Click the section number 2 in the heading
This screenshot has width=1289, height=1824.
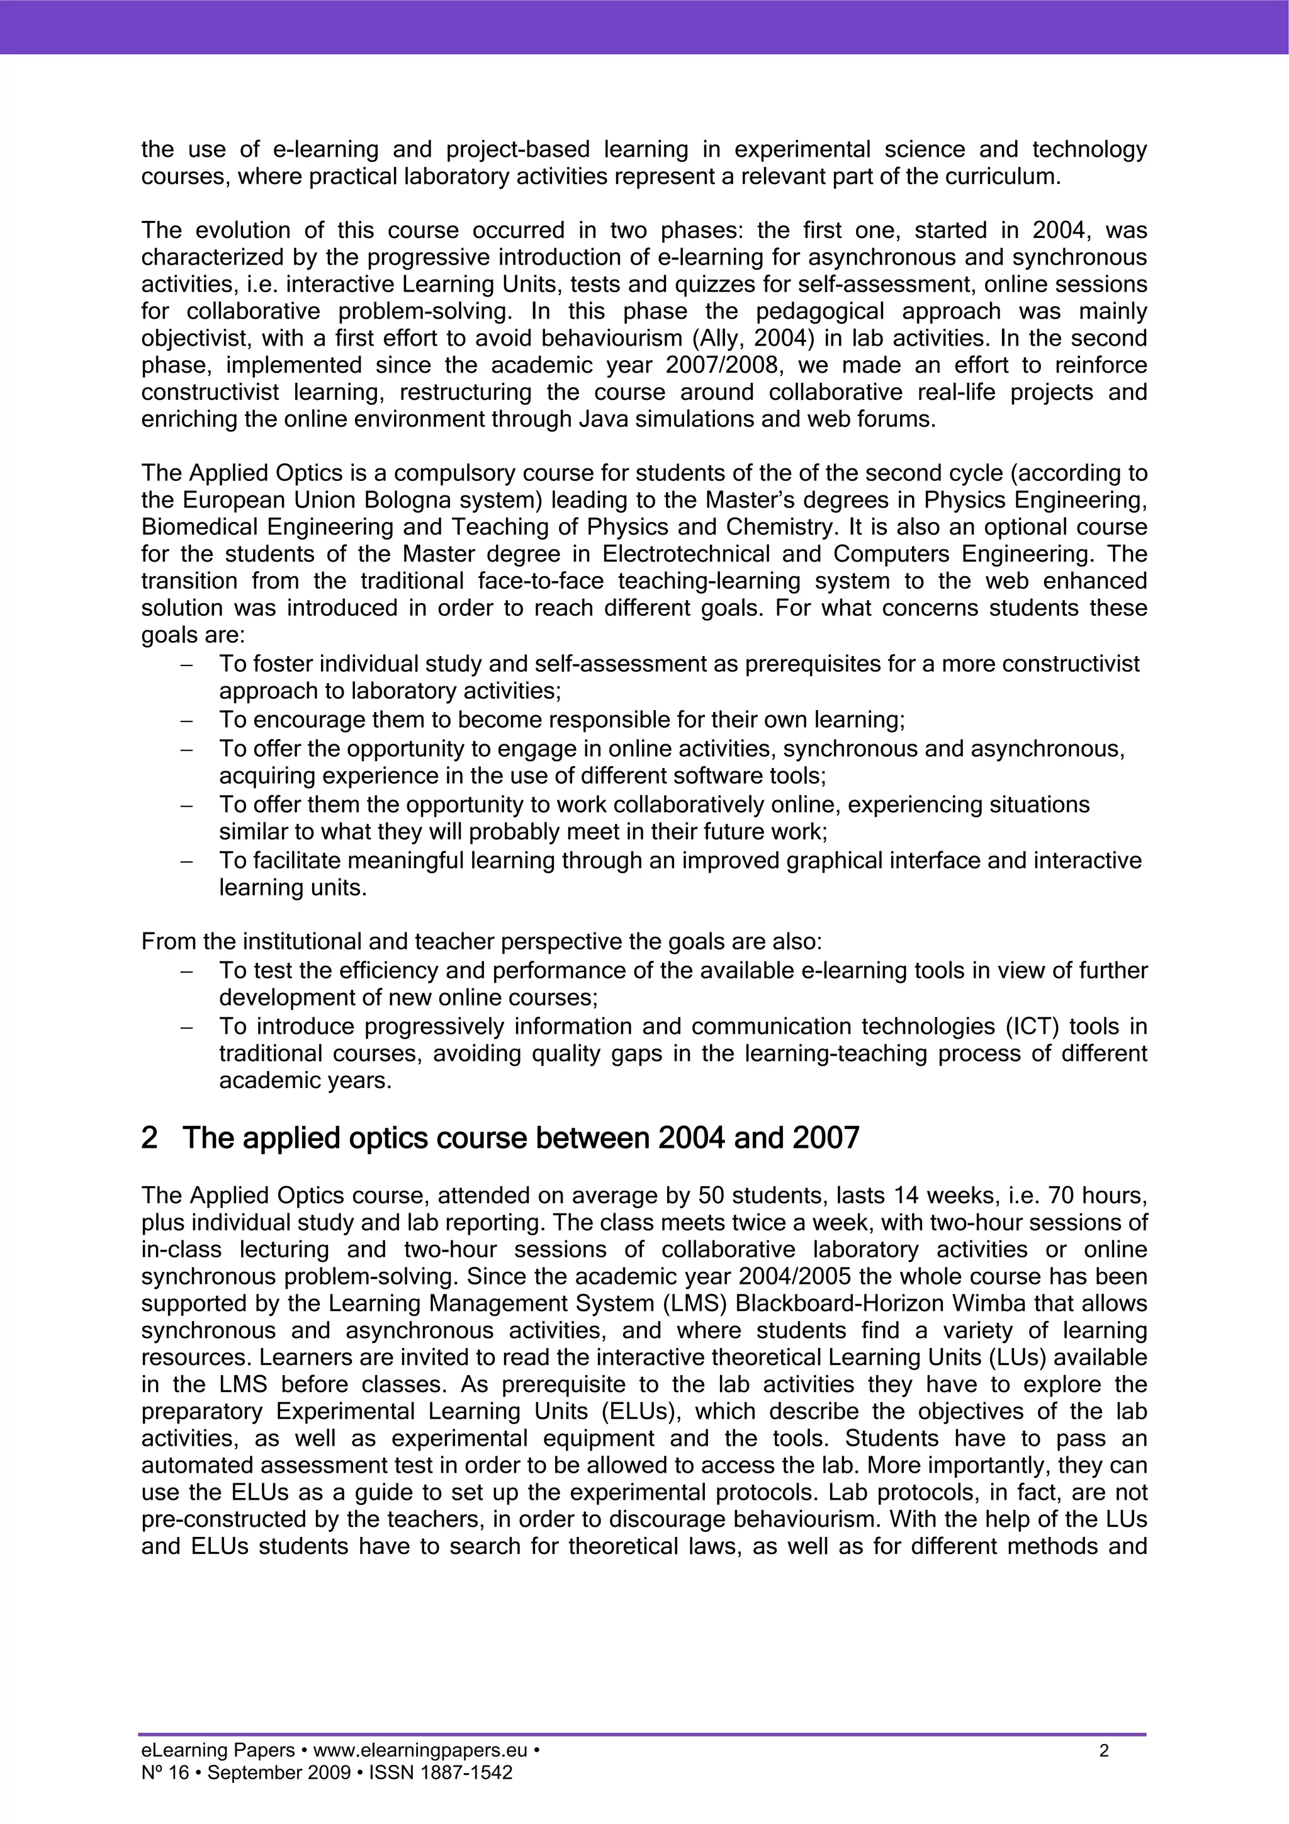pyautogui.click(x=149, y=1138)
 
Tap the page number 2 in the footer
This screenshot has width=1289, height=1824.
pyautogui.click(x=1103, y=1750)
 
